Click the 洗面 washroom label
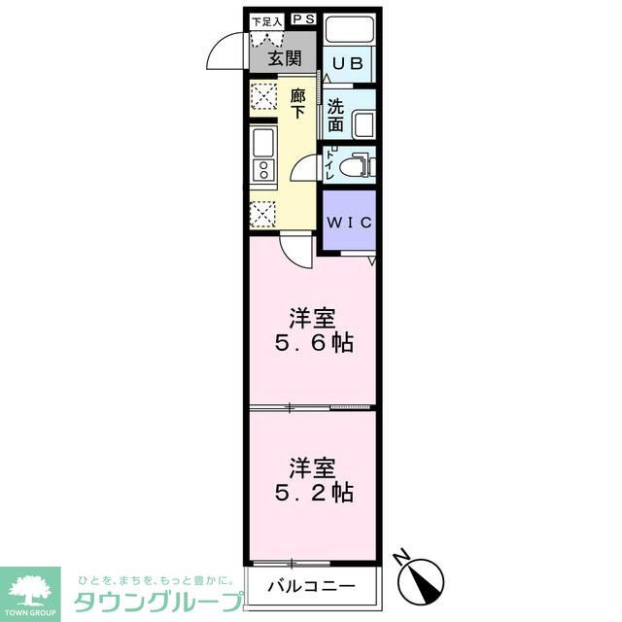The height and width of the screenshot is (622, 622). pos(335,116)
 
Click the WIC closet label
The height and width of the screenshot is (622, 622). pos(348,223)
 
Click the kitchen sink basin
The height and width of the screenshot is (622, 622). pos(263,145)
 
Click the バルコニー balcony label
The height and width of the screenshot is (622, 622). pos(312,587)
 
